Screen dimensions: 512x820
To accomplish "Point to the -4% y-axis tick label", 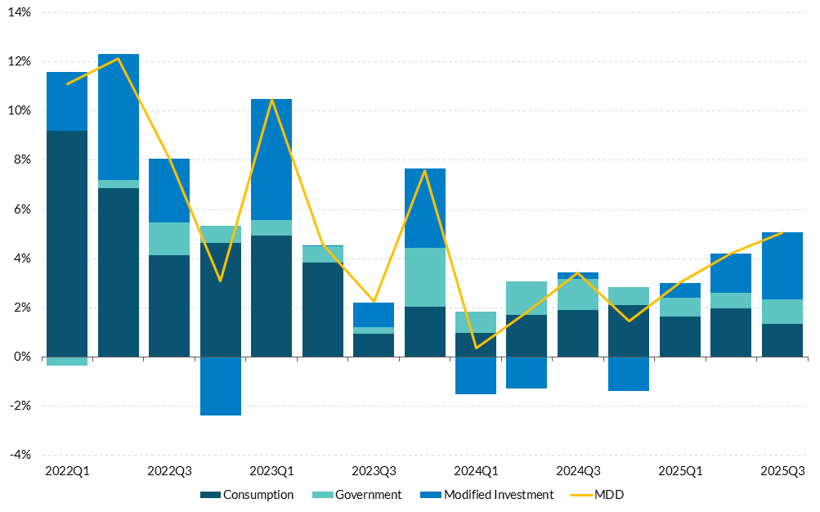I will [x=19, y=455].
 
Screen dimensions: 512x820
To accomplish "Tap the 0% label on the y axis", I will [x=22, y=357].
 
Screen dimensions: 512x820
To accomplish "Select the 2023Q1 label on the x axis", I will [x=271, y=471].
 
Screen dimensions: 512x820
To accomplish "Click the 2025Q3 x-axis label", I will [x=782, y=471].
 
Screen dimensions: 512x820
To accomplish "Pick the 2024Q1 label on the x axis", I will [x=476, y=471].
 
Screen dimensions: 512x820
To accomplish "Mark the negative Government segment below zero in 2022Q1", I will [x=67, y=361].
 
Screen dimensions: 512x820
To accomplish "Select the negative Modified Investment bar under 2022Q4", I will [x=221, y=386].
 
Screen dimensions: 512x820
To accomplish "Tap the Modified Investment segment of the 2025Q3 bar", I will [x=782, y=266].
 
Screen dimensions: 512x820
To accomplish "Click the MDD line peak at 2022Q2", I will [x=119, y=59].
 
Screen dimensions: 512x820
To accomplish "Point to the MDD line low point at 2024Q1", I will [x=476, y=348].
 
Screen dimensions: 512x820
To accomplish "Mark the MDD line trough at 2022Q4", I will [x=221, y=281].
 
